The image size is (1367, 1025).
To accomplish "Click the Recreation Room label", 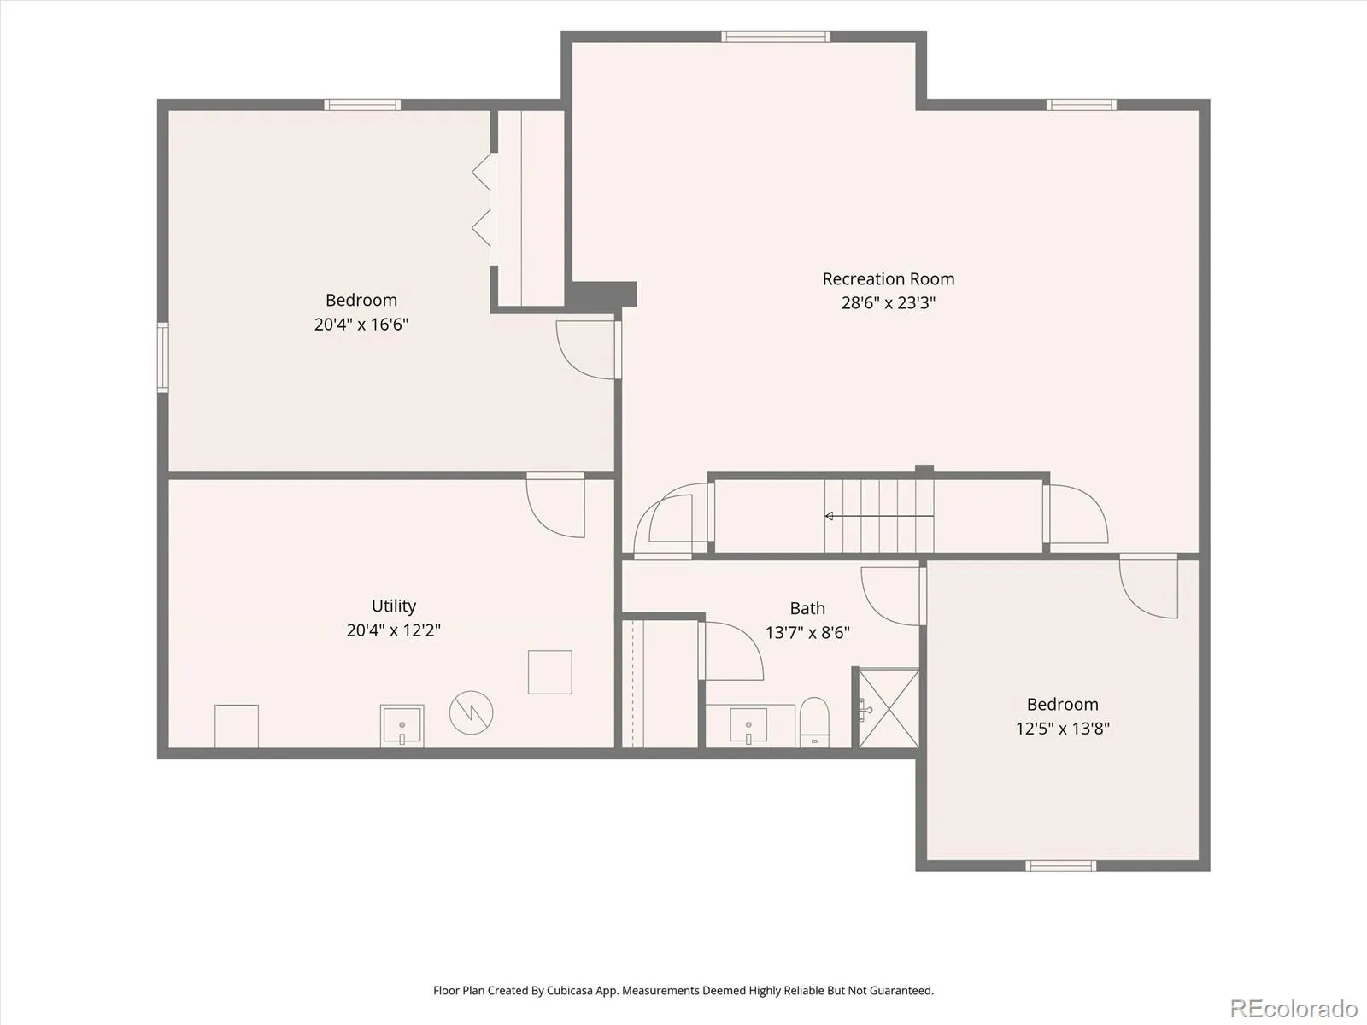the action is pos(888,278).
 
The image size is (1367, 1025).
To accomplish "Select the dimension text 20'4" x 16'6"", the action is pos(361,325).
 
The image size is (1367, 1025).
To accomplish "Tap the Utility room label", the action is pos(394,606).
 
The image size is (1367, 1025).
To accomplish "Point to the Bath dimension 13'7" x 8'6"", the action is pos(807,632).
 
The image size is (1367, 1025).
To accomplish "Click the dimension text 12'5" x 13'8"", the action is pos(1063,728).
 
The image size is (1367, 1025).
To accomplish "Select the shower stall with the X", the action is pos(889,708).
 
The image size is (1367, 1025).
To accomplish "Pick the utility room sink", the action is pos(402,726).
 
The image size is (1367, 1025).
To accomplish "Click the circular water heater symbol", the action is pos(472,712).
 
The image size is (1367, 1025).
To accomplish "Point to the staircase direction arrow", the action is pos(879,516).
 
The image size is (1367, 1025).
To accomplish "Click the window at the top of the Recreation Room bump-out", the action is pos(776,36).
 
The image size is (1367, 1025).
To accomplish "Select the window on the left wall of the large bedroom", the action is pos(162,357).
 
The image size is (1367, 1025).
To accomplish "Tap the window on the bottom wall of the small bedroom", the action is pos(1060,865).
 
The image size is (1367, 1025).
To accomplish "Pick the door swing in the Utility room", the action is pos(555,505).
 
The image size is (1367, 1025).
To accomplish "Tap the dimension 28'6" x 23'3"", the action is pos(888,303).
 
